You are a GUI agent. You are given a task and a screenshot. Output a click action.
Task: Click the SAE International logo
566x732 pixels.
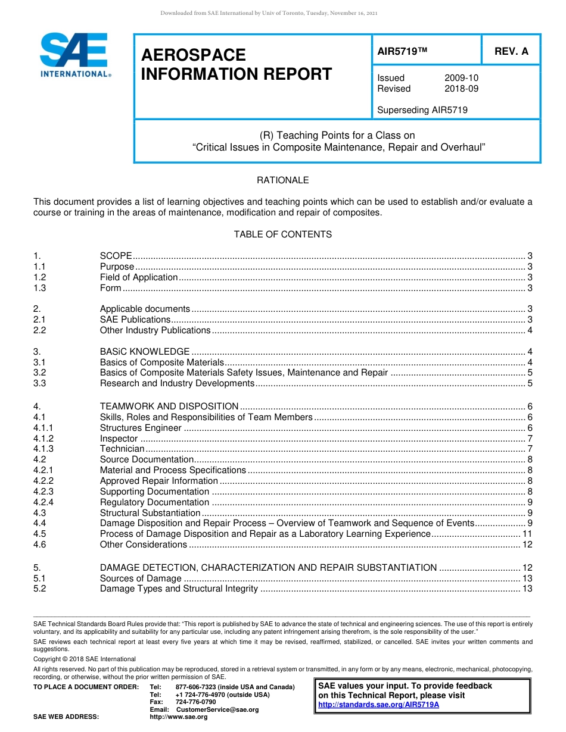coord(74,55)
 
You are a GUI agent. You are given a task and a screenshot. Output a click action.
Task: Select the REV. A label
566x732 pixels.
coord(511,51)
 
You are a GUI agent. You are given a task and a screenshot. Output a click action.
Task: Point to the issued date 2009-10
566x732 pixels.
coord(461,78)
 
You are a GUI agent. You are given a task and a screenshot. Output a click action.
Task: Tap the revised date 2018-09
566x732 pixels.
coord(461,89)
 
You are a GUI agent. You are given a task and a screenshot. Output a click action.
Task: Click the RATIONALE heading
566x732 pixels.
coord(282,180)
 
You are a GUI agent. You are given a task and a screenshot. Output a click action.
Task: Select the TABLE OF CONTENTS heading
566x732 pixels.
coord(282,234)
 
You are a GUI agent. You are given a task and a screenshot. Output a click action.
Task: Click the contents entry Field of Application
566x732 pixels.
coord(139,277)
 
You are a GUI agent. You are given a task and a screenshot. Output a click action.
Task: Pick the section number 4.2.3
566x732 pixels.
coord(43,492)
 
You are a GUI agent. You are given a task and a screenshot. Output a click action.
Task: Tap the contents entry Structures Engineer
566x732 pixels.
coord(141,428)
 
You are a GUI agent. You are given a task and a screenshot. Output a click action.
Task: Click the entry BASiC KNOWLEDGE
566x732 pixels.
coord(145,352)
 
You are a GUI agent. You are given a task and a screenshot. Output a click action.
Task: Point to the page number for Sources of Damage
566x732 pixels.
coord(527,578)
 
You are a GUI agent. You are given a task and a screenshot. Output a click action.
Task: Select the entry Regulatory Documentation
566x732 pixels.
coord(154,502)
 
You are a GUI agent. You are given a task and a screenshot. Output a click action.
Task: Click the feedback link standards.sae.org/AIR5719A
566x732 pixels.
coord(378,705)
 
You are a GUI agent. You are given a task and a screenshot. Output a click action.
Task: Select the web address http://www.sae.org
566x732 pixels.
coord(179,717)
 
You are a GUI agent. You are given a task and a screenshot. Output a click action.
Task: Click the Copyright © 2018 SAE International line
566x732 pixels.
coord(85,659)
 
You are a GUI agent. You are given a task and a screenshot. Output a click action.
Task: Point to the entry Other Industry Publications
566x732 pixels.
coord(155,330)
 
